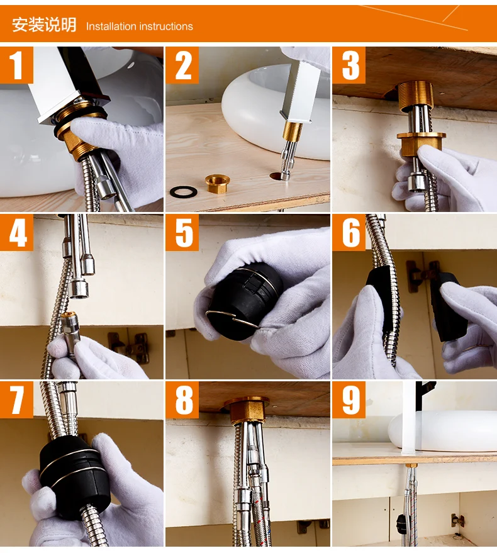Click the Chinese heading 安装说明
pyautogui.click(x=44, y=25)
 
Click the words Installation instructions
pyautogui.click(x=139, y=26)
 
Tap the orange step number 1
pyautogui.click(x=16, y=65)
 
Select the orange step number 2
pyautogui.click(x=182, y=65)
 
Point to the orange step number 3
pyautogui.click(x=349, y=65)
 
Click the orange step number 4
pyautogui.click(x=16, y=232)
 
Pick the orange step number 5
pyautogui.click(x=182, y=232)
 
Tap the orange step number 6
pyautogui.click(x=349, y=232)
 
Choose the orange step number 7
pyautogui.click(x=16, y=399)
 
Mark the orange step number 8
pyautogui.click(x=182, y=399)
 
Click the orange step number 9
pyautogui.click(x=349, y=399)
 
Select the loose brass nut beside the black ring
pyautogui.click(x=216, y=184)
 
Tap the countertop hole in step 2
pyautogui.click(x=278, y=176)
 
